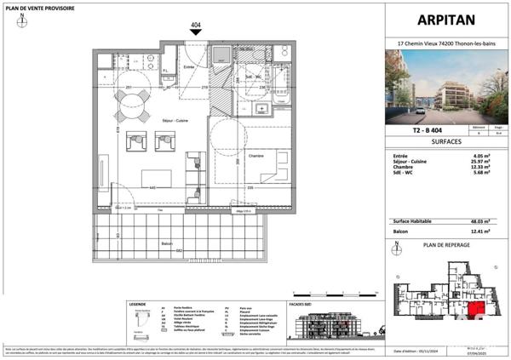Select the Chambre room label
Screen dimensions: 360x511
[232, 157]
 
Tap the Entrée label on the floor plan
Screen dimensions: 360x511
[190, 66]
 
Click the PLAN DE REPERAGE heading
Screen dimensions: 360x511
[445, 243]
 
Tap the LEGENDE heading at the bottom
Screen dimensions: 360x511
[137, 304]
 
